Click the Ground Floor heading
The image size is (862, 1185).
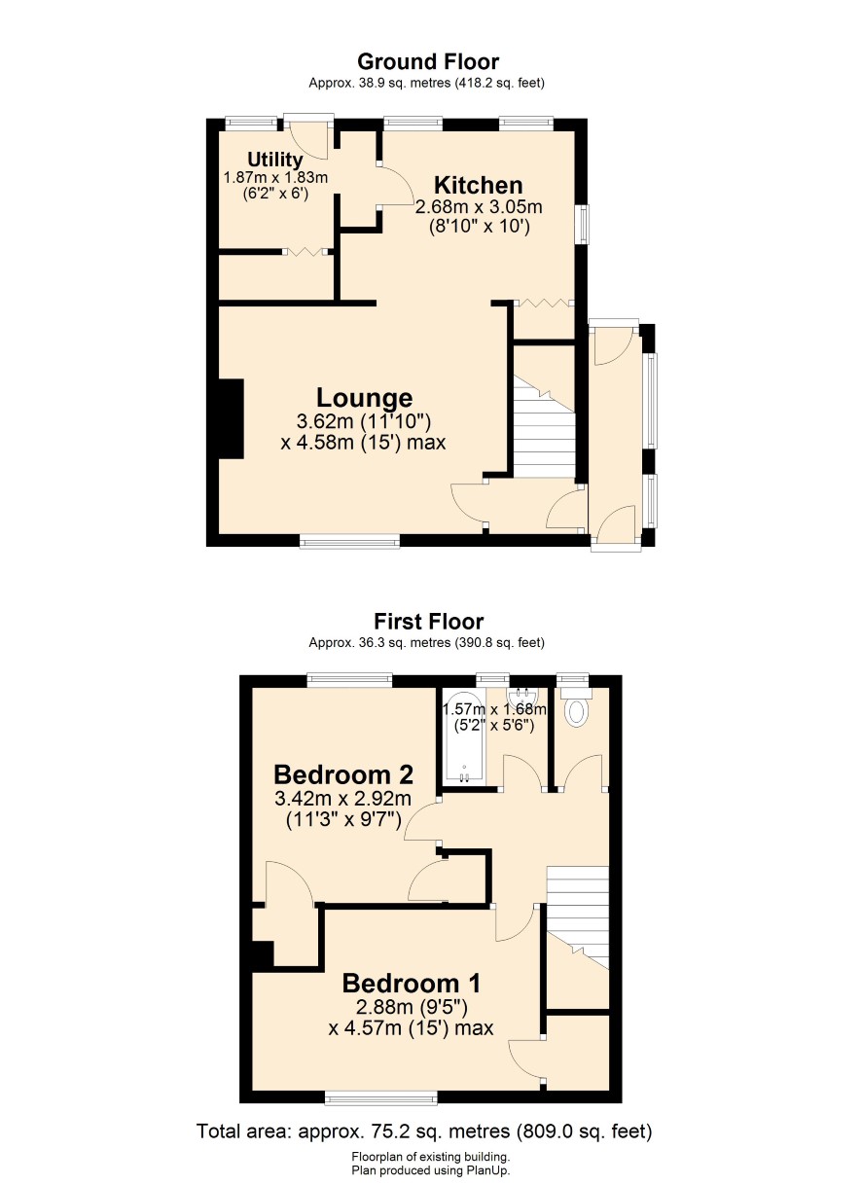pyautogui.click(x=427, y=62)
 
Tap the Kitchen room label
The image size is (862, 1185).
pyautogui.click(x=479, y=186)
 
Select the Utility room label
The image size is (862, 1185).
pyautogui.click(x=275, y=160)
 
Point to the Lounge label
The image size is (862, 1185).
pyautogui.click(x=365, y=398)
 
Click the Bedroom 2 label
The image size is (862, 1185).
pyautogui.click(x=343, y=775)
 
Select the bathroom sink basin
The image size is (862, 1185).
pyautogui.click(x=521, y=695)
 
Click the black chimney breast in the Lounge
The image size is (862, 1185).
pyautogui.click(x=232, y=418)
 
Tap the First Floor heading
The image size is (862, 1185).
pyautogui.click(x=429, y=621)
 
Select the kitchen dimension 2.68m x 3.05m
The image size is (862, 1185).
pyautogui.click(x=479, y=207)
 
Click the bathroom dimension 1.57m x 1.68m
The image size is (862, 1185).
pyautogui.click(x=494, y=709)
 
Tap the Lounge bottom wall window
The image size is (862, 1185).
pyautogui.click(x=350, y=540)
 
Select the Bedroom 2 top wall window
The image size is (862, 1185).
pyautogui.click(x=350, y=680)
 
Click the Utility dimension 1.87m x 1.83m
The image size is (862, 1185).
pyautogui.click(x=275, y=177)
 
